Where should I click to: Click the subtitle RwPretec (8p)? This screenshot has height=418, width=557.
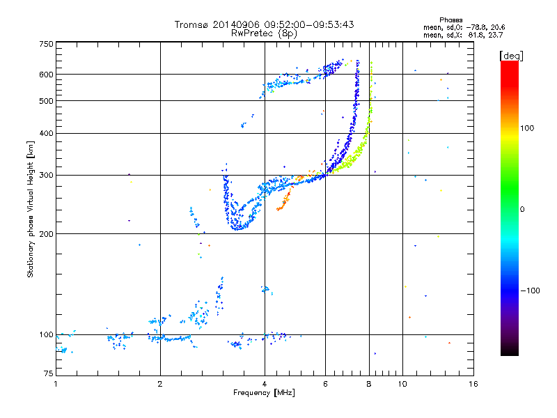(264, 33)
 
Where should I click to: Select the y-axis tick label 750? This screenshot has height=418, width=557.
(46, 44)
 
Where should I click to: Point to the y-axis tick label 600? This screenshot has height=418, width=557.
(46, 75)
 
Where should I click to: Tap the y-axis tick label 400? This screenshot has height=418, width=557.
(46, 134)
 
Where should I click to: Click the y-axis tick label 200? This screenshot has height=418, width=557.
(46, 234)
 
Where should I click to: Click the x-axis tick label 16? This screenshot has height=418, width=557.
(472, 384)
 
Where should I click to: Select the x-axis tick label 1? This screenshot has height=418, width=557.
(56, 384)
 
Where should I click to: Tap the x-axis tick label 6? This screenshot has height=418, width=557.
(325, 384)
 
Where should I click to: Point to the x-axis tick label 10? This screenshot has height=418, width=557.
(402, 384)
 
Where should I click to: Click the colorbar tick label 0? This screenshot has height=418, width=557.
(522, 209)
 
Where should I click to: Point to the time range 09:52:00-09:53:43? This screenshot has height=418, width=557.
(306, 24)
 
